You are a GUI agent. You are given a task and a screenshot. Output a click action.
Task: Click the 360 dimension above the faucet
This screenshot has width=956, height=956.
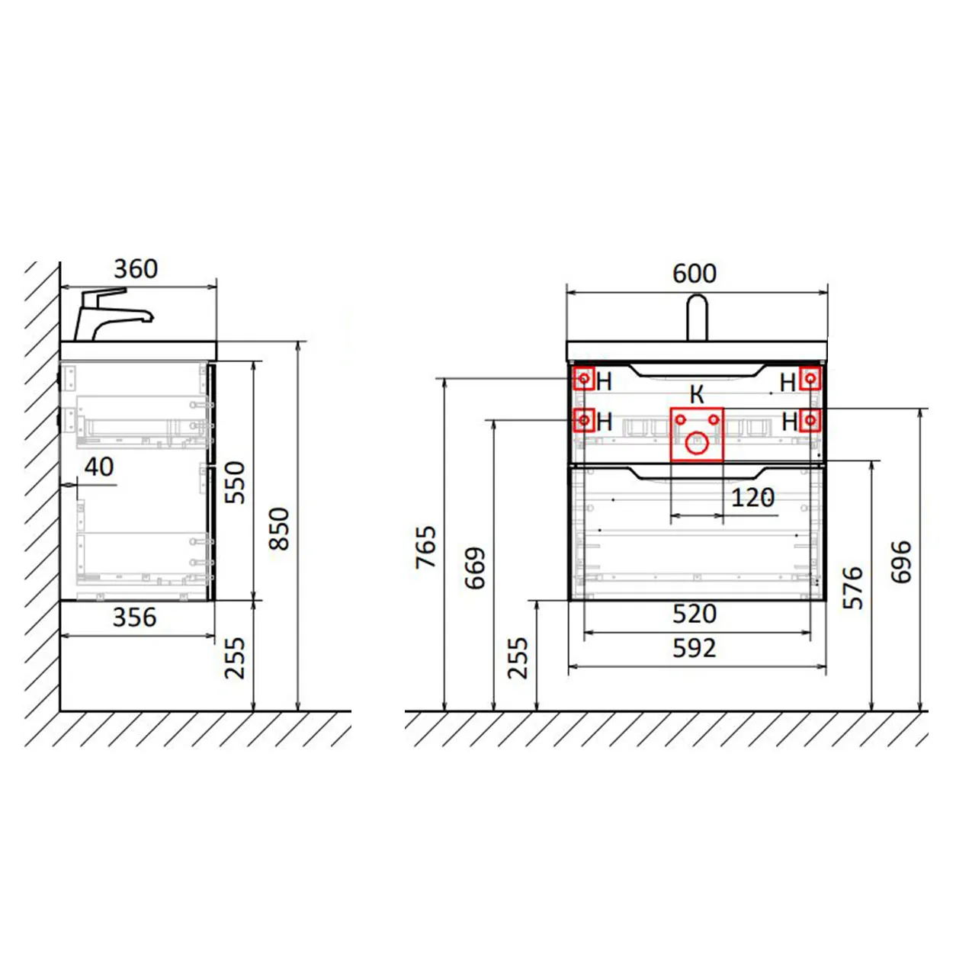click(x=136, y=269)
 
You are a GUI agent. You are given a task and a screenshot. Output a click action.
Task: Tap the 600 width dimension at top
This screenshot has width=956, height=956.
click(x=695, y=274)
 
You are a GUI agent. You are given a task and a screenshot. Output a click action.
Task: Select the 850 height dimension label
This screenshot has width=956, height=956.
click(x=279, y=529)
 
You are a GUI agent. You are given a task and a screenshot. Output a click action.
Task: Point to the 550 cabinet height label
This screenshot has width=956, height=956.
click(x=235, y=483)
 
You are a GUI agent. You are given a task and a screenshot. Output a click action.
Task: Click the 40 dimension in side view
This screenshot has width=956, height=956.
click(x=99, y=467)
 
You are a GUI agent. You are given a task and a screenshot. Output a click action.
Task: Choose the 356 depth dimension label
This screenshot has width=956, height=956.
click(x=134, y=618)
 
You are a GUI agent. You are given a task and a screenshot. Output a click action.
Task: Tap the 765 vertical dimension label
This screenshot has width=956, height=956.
click(x=425, y=547)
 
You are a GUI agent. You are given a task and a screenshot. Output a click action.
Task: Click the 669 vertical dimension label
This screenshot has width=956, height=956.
click(x=475, y=568)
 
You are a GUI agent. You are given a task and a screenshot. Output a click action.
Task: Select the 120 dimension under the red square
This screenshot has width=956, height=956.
click(x=752, y=498)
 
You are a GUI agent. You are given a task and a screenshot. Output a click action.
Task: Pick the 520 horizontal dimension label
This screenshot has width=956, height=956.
click(x=695, y=614)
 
